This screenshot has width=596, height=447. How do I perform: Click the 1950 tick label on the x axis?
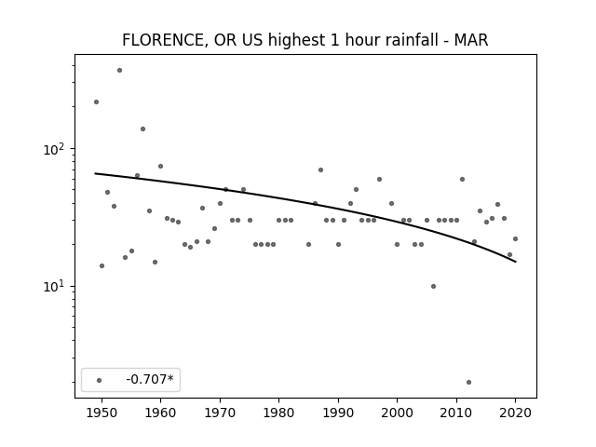click(x=102, y=413)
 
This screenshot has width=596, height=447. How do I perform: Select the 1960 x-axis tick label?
click(x=160, y=413)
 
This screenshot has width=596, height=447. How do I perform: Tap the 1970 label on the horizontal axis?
click(x=220, y=413)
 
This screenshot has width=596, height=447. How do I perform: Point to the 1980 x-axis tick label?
click(x=278, y=413)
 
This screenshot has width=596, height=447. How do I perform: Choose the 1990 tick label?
click(x=338, y=413)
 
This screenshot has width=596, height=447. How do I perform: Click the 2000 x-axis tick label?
click(x=398, y=413)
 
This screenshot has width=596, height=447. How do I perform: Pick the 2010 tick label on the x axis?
click(x=456, y=413)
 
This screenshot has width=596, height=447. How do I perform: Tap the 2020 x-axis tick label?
click(x=515, y=413)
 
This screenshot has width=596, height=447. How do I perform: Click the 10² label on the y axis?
click(x=54, y=149)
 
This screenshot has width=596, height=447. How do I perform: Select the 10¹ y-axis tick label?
click(x=54, y=287)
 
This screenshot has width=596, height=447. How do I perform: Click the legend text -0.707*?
click(x=150, y=379)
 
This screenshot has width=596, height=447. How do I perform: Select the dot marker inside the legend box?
click(x=100, y=380)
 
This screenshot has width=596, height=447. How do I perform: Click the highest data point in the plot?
click(x=119, y=71)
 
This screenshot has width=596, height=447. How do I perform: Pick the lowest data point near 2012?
click(x=468, y=382)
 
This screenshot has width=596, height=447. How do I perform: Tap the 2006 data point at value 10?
click(x=433, y=286)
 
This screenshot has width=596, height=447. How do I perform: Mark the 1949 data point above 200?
click(x=96, y=102)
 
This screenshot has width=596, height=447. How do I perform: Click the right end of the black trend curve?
click(x=515, y=262)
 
